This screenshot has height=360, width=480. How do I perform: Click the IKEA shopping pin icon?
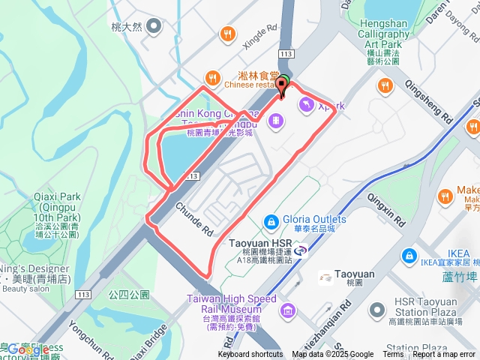point(408,256)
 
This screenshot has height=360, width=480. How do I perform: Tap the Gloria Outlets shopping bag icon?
point(271,220)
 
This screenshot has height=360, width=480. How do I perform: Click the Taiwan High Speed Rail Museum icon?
point(286,310)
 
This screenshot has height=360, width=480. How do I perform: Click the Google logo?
point(28,349)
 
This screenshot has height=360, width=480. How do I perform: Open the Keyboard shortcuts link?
point(250,355)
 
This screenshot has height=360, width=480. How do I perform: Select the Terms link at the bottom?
point(393,355)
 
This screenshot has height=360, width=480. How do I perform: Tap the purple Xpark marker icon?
point(307,106)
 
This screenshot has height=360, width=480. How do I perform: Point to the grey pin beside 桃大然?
point(154,27)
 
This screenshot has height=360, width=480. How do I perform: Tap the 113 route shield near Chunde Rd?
point(193,175)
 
